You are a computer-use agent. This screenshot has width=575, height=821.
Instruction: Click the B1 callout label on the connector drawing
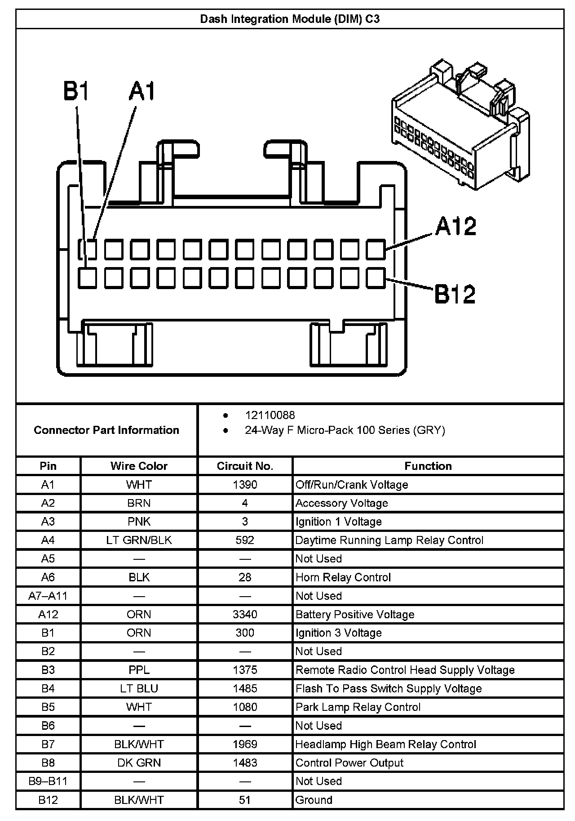(76, 91)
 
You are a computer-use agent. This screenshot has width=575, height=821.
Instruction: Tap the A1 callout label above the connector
(142, 91)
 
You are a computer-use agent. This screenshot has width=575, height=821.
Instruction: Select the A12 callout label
(456, 226)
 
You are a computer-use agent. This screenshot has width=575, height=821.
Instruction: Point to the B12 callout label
(455, 294)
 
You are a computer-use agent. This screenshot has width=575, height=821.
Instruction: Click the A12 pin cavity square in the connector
(376, 250)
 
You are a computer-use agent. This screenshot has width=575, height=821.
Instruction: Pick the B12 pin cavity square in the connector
(376, 278)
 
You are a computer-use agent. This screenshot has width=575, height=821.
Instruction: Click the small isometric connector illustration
(460, 124)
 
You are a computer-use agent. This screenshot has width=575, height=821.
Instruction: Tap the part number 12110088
(270, 415)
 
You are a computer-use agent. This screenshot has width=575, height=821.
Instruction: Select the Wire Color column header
(139, 466)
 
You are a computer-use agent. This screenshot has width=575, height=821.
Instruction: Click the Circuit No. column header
(245, 466)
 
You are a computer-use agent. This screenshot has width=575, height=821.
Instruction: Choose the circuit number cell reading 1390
(245, 485)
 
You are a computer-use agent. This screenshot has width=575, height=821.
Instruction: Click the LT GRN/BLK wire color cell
(139, 540)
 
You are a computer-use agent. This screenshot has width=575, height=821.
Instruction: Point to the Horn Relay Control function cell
(343, 577)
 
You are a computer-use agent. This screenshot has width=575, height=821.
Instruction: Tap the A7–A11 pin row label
(48, 596)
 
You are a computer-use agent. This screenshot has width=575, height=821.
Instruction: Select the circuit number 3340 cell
(245, 614)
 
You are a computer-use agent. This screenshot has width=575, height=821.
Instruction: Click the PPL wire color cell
(139, 670)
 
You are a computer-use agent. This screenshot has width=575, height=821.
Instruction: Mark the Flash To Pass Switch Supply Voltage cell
(389, 688)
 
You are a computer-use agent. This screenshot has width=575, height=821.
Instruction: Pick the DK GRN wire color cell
(139, 763)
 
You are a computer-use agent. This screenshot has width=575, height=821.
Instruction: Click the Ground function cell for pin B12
(314, 800)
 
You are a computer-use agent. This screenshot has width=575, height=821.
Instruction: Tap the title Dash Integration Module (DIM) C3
(290, 19)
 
